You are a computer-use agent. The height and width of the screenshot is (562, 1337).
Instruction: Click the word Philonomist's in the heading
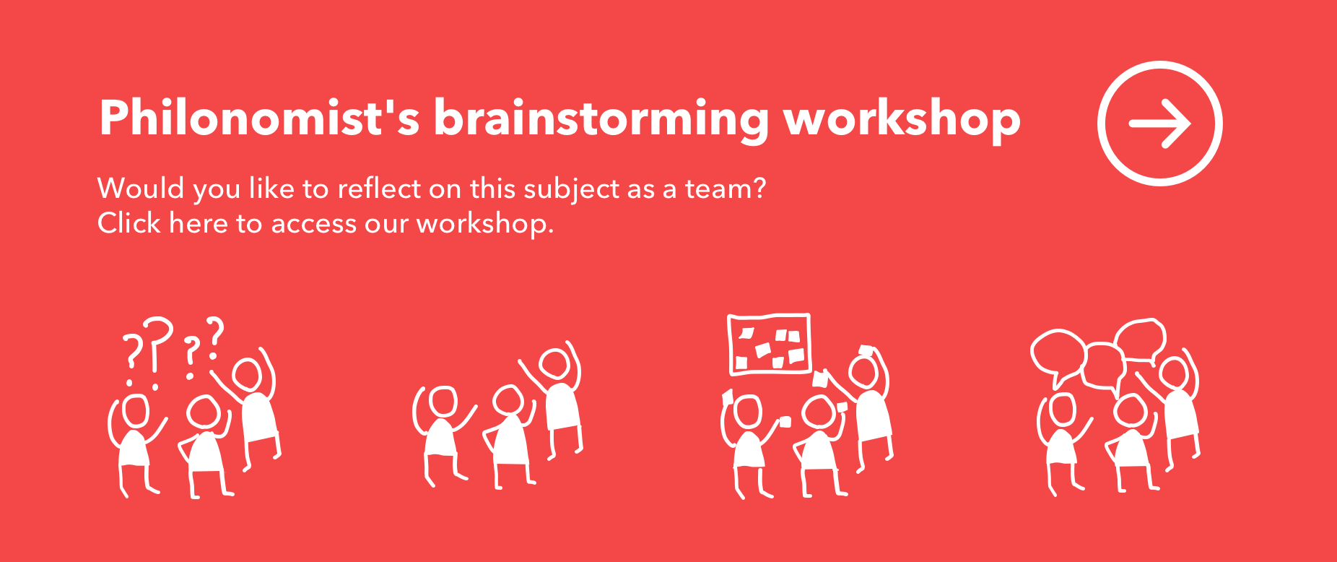point(259,118)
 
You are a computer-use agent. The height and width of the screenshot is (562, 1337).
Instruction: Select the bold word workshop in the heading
point(902,118)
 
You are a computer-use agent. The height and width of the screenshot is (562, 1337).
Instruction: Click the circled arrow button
point(1160,124)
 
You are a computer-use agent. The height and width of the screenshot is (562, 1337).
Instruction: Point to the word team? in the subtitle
point(725,189)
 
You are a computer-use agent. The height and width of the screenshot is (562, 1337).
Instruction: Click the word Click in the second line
point(129,223)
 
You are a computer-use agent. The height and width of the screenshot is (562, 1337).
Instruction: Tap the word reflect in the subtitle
point(379,189)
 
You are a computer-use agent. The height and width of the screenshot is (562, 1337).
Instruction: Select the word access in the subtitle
point(314,225)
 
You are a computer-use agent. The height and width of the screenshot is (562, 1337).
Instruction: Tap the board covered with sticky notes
point(770,345)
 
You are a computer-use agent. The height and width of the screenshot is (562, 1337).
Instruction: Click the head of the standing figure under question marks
point(247,376)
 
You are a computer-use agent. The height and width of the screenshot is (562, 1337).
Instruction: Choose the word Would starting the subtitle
point(141,189)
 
